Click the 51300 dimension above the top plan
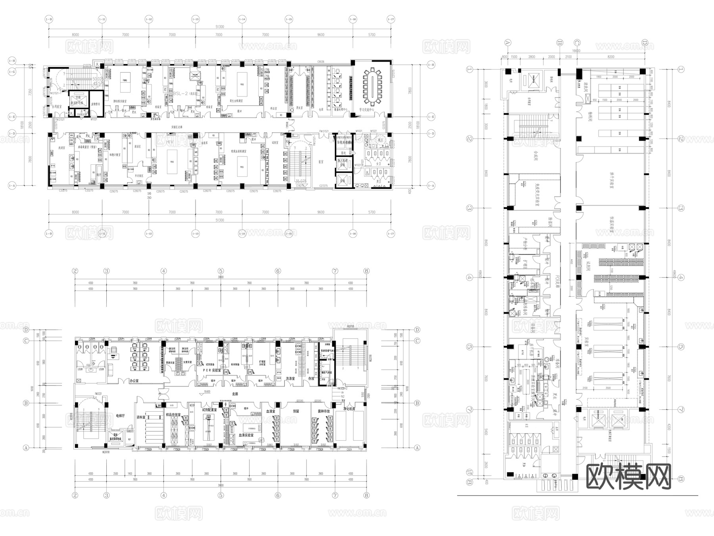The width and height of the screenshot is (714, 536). [219, 27]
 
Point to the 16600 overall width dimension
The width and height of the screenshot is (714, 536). [576, 51]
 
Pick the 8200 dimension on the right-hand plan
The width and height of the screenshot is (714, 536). [610, 57]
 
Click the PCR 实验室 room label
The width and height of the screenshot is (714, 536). [211, 370]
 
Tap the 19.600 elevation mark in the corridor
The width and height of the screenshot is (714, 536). [207, 391]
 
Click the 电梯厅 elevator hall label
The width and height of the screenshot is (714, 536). [120, 416]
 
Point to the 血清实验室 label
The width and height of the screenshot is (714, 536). [247, 435]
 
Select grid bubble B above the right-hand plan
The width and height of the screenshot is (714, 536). [560, 42]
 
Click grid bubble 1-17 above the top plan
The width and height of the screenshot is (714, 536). [391, 19]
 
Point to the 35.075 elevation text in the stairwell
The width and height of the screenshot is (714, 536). [301, 181]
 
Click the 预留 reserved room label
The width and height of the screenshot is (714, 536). [296, 411]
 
